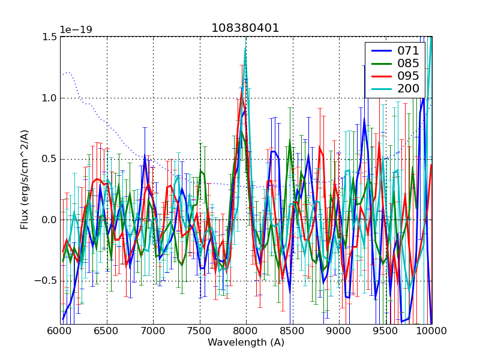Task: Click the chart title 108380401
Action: point(245,28)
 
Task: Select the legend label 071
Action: point(408,51)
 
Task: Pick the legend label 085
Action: point(408,64)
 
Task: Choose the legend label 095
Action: point(408,76)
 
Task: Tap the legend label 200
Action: point(408,89)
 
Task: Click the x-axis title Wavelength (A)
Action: point(246,343)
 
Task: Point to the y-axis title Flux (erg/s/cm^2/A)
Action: point(25,180)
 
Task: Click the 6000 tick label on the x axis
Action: point(60,331)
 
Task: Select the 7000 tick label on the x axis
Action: point(153,331)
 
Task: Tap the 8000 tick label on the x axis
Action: point(246,331)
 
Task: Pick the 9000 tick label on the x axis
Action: point(339,331)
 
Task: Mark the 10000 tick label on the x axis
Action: point(431,331)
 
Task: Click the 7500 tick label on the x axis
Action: point(200,331)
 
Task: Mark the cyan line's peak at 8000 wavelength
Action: point(245,49)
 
